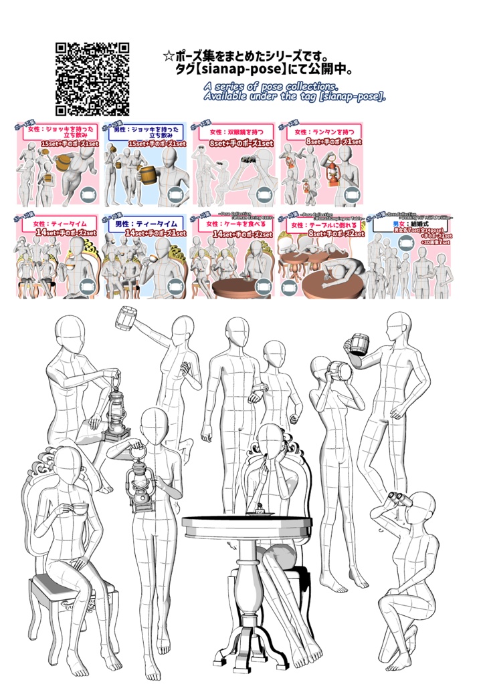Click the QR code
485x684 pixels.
[92, 79]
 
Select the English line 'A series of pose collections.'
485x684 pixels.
[271, 87]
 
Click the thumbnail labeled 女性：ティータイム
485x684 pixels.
[58, 255]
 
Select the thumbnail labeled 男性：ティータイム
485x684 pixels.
[146, 255]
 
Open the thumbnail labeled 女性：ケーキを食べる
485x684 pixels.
[234, 255]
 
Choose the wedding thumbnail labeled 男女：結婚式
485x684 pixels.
[409, 255]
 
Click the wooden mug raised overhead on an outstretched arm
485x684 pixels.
[127, 317]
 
